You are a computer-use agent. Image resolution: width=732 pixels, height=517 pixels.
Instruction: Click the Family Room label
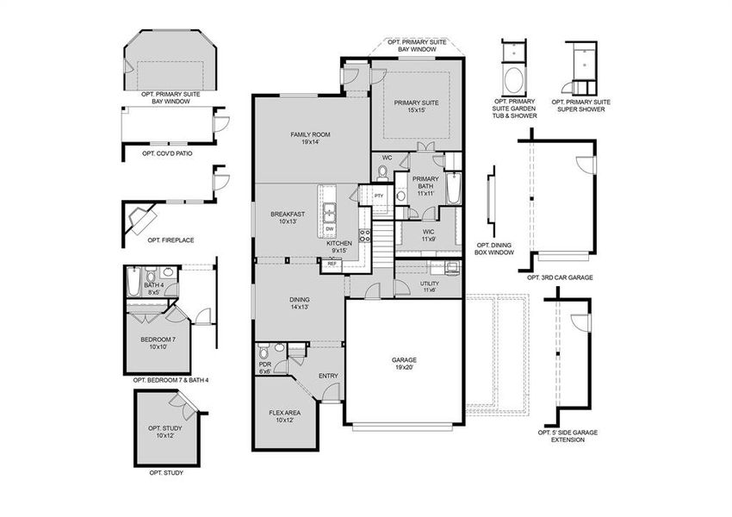310,138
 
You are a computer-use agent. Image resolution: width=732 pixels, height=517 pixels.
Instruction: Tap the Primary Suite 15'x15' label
417,106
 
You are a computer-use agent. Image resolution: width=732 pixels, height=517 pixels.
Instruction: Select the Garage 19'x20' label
404,363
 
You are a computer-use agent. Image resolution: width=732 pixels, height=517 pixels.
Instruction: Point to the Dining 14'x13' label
299,302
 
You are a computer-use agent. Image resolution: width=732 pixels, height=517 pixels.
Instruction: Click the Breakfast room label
288,218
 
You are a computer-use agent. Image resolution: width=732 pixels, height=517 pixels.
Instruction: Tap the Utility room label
429,286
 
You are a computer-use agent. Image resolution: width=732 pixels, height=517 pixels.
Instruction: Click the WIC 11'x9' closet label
429,234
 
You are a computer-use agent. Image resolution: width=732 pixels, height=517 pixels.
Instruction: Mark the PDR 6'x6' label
265,366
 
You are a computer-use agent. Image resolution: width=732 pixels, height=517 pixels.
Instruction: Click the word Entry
328,376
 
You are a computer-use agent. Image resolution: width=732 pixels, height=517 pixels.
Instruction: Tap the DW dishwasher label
329,228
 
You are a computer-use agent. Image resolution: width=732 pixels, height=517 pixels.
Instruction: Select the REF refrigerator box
332,264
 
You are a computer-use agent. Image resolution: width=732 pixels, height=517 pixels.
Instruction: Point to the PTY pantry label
379,196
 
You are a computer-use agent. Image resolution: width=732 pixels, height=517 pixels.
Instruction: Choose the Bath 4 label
153,289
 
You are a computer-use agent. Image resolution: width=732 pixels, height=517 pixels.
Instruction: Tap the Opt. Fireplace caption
166,240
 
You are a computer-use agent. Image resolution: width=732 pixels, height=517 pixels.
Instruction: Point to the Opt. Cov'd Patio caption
167,153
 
